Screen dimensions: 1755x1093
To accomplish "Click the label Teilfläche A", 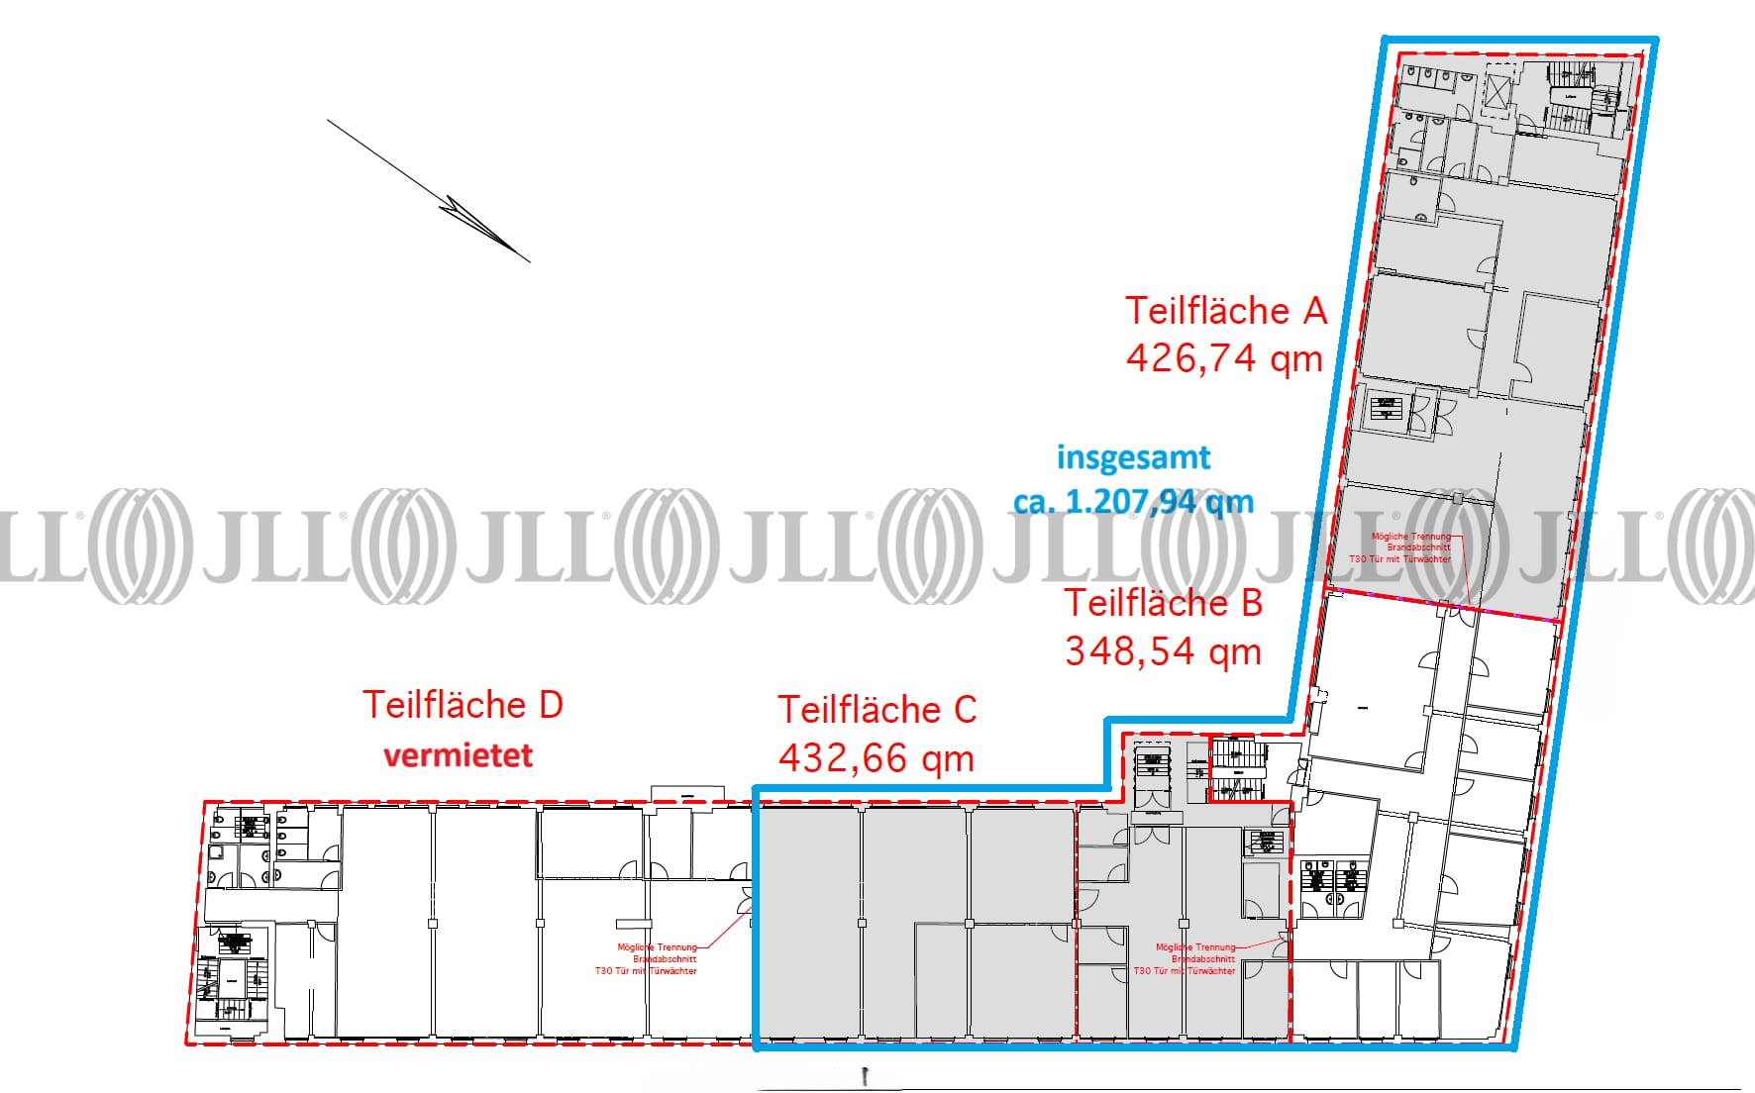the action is click(x=1225, y=311).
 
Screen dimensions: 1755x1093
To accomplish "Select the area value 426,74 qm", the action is click(x=1224, y=358).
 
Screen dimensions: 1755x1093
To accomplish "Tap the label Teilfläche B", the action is click(x=1164, y=603).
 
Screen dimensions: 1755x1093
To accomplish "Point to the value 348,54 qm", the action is click(x=1163, y=651).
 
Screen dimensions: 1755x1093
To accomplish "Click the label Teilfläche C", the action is click(x=877, y=710).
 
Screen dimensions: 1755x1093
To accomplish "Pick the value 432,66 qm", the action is click(x=877, y=758).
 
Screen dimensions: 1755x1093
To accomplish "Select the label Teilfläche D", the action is click(x=463, y=705).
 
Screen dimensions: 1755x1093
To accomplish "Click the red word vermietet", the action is click(x=458, y=755).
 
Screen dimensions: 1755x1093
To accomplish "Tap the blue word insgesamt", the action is click(x=1133, y=457).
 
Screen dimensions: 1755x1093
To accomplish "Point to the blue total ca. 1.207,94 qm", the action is click(x=1133, y=502).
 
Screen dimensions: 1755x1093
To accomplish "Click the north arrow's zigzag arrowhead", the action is click(x=475, y=224).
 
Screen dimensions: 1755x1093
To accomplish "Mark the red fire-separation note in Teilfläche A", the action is click(x=1400, y=547).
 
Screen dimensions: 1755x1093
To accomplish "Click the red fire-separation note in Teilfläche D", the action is click(x=646, y=958).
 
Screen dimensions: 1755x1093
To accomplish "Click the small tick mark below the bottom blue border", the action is click(x=866, y=1077).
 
